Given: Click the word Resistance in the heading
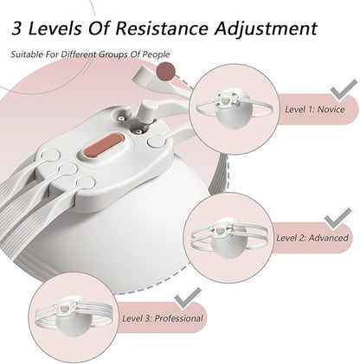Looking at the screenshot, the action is pyautogui.click(x=162, y=28).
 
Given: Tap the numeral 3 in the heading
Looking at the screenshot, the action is pyautogui.click(x=16, y=29).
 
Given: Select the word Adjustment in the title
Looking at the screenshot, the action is pyautogui.click(x=266, y=29).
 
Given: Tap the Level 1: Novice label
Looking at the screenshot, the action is pyautogui.click(x=315, y=109).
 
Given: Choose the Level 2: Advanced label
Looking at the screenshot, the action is pyautogui.click(x=312, y=238).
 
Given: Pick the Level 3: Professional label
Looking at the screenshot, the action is pyautogui.click(x=163, y=318).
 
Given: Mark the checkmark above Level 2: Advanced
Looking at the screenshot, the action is pyautogui.click(x=338, y=219).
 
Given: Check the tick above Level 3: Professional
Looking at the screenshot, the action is pyautogui.click(x=188, y=298).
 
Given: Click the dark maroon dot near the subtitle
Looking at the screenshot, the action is pyautogui.click(x=165, y=72).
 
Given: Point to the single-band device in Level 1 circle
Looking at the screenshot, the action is pyautogui.click(x=234, y=109).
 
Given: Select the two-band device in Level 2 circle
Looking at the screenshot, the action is pyautogui.click(x=229, y=237).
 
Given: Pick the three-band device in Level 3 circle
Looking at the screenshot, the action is pyautogui.click(x=74, y=316).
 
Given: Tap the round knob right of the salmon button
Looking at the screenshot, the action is pyautogui.click(x=156, y=141).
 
